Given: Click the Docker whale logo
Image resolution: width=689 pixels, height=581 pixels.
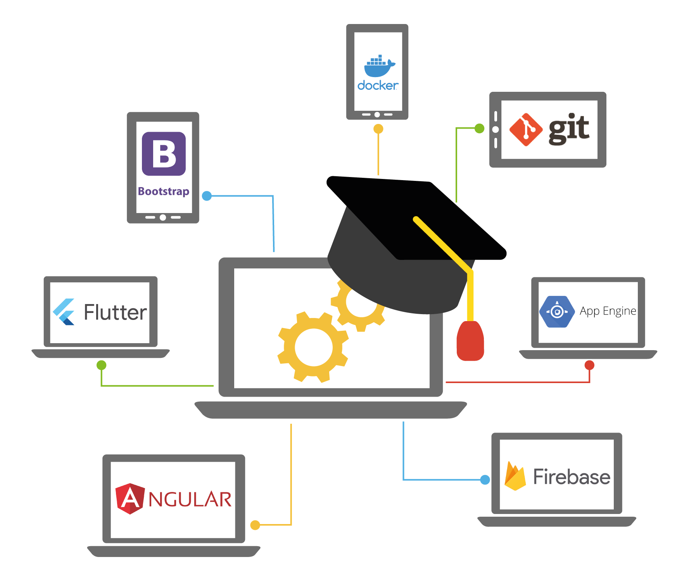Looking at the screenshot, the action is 379,66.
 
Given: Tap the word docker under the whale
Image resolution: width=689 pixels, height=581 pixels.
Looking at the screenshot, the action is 378,85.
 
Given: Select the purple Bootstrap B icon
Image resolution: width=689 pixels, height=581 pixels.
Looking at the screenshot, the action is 164,154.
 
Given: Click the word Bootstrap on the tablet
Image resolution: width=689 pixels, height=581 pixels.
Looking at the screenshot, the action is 164,191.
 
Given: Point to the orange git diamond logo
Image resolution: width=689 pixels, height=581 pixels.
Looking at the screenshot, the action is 526,130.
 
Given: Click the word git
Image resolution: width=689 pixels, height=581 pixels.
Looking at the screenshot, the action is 569,129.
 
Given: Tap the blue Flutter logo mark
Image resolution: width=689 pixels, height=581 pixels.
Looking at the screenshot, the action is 64,312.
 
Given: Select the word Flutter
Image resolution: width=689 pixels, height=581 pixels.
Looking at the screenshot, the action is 116,312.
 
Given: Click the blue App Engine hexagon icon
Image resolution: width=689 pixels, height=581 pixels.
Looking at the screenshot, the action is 557,311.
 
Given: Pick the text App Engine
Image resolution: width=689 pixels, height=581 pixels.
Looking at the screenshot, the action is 608,311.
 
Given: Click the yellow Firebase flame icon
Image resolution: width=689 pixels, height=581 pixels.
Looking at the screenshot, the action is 515,476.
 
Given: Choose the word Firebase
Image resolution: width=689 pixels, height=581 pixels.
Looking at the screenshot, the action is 572,477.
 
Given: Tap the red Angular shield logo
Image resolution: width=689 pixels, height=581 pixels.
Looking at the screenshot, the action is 130,498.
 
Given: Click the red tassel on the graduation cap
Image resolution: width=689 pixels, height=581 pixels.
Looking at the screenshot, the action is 470,341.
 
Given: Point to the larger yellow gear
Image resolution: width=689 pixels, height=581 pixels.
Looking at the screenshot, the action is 313,347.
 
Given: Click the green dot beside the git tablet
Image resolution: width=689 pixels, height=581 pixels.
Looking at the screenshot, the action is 480,128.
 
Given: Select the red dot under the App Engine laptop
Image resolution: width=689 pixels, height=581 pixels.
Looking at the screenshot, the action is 589,365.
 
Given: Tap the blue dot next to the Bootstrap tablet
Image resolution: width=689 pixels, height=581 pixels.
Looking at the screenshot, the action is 207,196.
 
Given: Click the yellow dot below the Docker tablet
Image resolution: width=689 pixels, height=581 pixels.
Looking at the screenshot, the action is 378,129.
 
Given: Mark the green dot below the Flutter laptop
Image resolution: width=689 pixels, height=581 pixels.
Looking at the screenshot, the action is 102,365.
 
